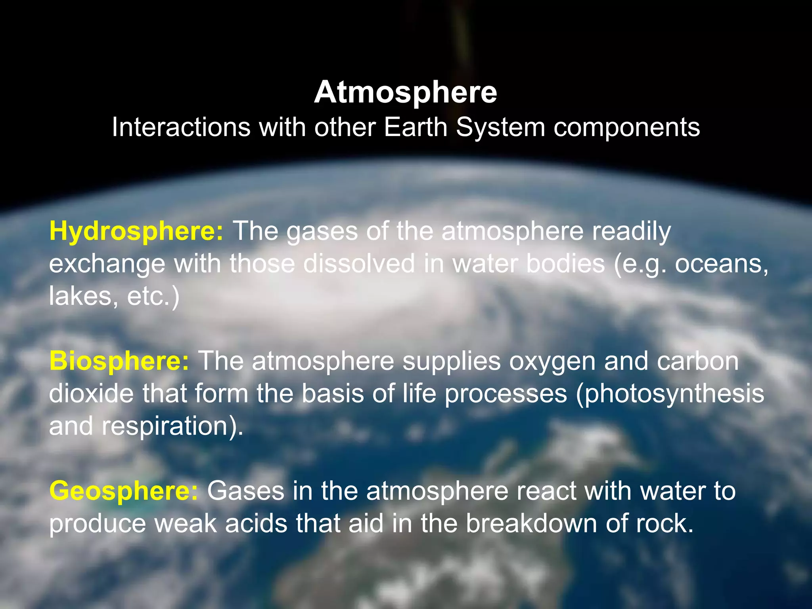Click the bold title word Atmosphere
click(405, 92)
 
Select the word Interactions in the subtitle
click(181, 127)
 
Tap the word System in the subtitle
click(500, 127)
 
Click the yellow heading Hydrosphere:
click(136, 232)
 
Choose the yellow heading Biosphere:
click(119, 361)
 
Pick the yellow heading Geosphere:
click(123, 491)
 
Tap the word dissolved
click(359, 264)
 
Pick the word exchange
click(107, 264)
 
